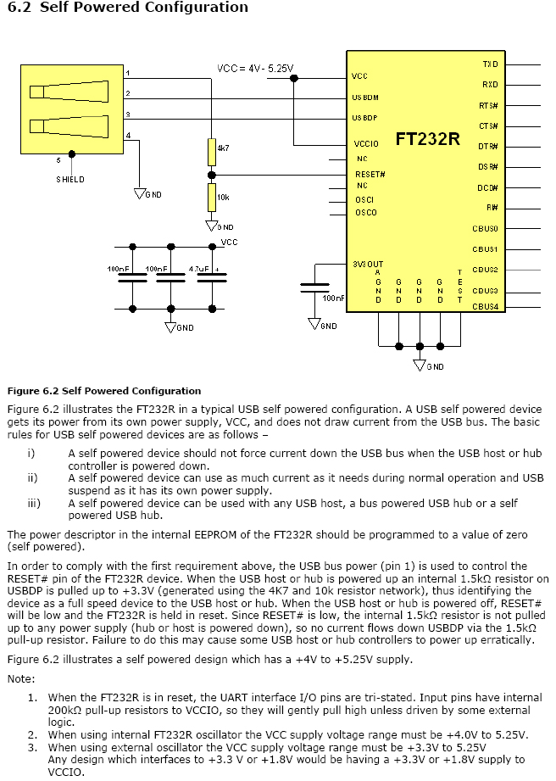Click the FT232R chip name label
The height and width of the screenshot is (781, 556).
click(427, 139)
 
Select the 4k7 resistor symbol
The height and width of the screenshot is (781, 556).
click(211, 153)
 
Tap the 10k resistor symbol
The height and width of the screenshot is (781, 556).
click(211, 198)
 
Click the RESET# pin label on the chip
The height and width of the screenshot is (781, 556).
click(370, 174)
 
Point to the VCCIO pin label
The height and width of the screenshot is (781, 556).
click(366, 144)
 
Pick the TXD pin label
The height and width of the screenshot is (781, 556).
click(490, 64)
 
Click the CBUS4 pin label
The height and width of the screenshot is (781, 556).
click(486, 306)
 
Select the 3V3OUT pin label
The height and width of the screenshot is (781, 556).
click(368, 265)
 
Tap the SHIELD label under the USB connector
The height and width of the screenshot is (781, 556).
click(70, 180)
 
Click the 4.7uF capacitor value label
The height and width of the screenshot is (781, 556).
click(198, 269)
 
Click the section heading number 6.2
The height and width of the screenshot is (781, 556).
click(18, 8)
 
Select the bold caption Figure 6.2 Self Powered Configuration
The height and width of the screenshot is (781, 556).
click(104, 391)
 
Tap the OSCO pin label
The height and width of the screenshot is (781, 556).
click(366, 213)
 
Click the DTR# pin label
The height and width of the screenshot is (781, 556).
click(487, 146)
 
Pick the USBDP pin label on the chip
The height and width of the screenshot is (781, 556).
click(365, 118)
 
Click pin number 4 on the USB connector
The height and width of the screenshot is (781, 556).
click(128, 136)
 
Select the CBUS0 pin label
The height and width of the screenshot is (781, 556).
click(486, 229)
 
